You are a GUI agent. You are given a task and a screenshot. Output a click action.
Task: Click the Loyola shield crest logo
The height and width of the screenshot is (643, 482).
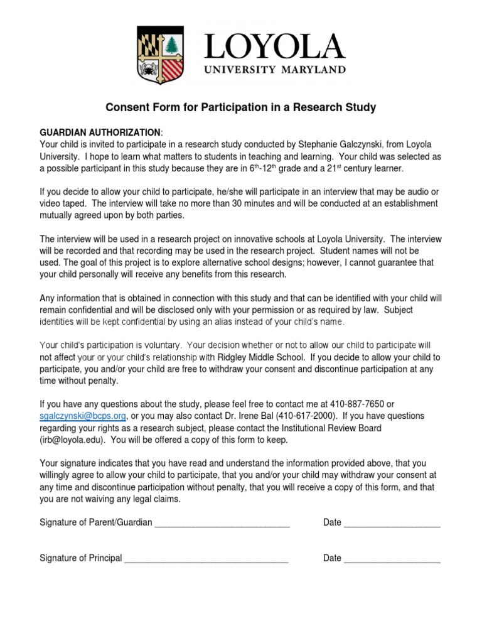pos(164,56)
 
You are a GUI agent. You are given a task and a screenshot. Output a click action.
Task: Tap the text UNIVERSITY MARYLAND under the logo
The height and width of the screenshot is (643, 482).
pos(274,68)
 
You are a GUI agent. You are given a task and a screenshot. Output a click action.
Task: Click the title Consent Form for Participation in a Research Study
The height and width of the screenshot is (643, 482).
pos(240,107)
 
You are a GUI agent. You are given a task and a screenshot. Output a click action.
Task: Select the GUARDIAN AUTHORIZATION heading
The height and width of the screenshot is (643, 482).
pos(100,132)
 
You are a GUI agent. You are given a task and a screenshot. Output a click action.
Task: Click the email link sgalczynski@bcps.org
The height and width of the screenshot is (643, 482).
pos(83,416)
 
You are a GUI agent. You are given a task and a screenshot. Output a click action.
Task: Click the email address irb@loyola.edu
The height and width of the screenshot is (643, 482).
pos(73,440)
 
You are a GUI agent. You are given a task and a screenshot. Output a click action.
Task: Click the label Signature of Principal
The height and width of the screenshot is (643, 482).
pos(80,558)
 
